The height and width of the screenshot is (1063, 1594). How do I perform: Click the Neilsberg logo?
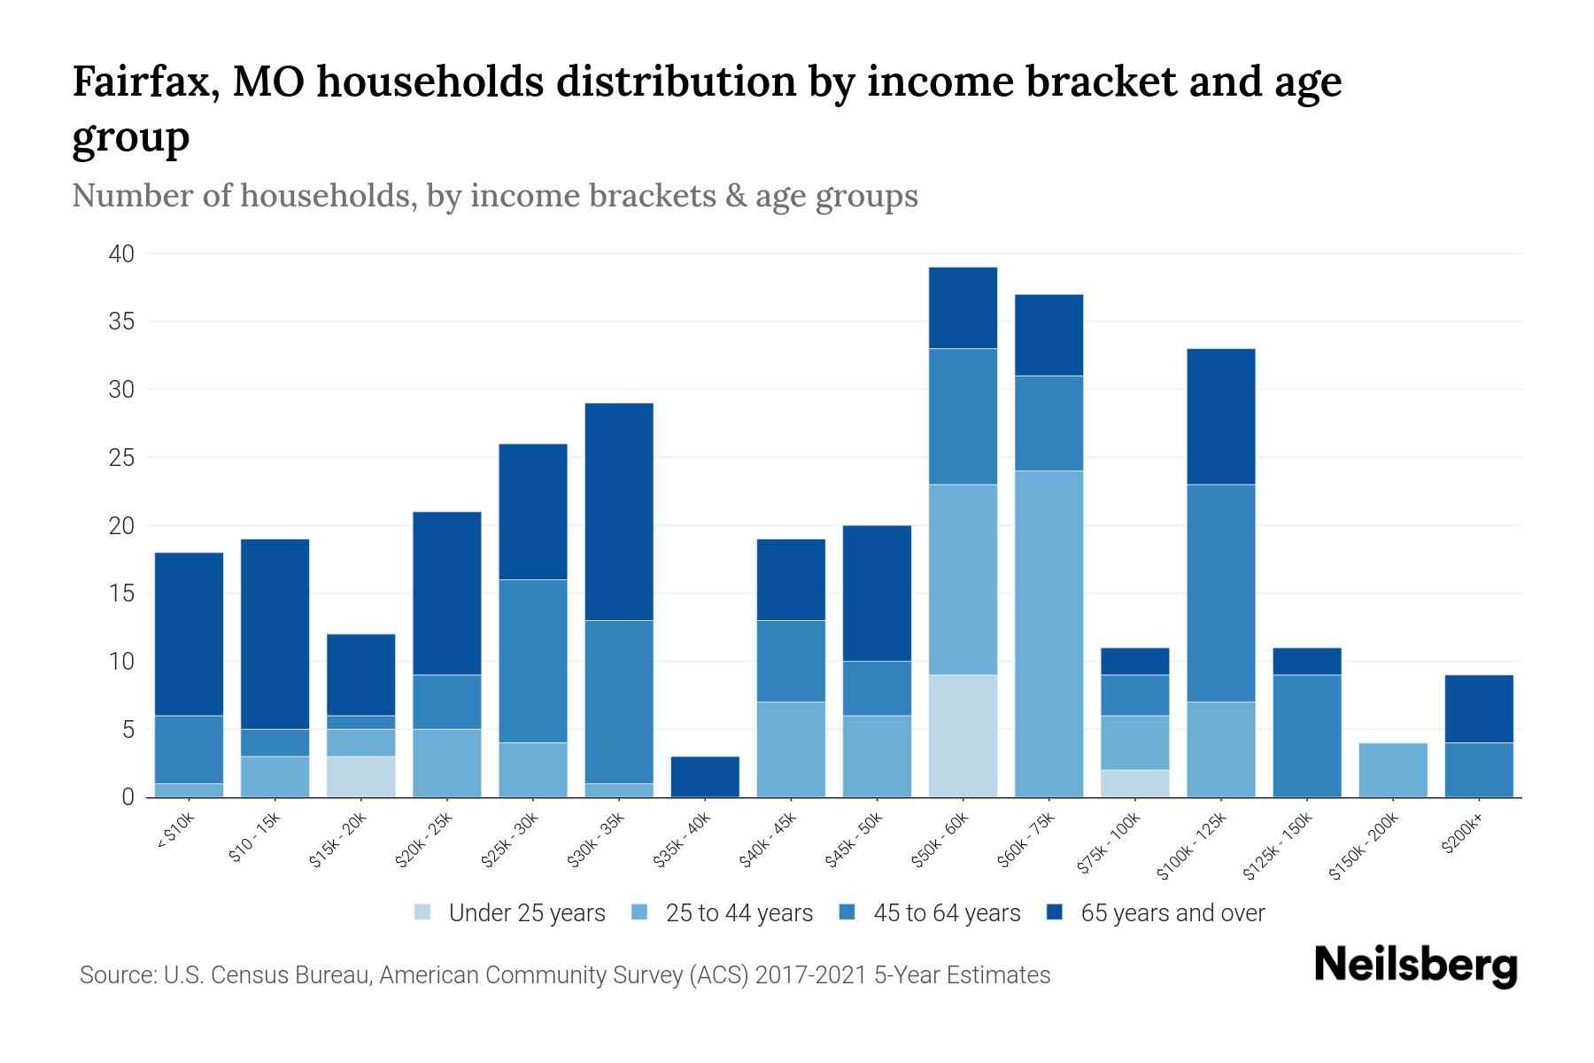1415,965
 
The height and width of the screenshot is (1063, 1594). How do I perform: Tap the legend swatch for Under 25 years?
423,912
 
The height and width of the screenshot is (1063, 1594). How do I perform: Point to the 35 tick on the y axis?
122,322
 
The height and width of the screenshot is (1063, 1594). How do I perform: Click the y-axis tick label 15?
122,594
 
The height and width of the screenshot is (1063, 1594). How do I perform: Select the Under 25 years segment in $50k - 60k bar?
963,736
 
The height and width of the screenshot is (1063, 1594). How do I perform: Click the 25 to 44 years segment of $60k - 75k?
1048,633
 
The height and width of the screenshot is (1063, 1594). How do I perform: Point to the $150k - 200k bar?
1393,770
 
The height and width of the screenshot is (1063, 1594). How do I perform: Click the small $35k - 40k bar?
705,776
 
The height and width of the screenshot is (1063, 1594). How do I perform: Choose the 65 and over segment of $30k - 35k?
619,511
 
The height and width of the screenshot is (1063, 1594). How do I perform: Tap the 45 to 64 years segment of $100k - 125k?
1220,593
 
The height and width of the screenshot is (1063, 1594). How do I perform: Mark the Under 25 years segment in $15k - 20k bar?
360,776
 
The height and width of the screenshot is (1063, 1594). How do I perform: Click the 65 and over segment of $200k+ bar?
1479,709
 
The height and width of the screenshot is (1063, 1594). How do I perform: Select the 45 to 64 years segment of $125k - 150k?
1306,735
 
